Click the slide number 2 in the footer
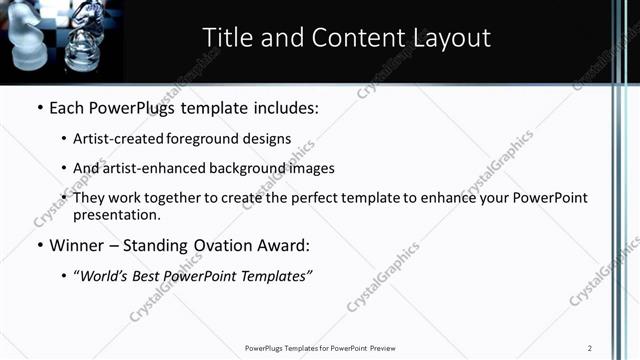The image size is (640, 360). (590, 348)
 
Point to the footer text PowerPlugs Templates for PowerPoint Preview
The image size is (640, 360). (320, 348)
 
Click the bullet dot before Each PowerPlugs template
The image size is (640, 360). (39, 107)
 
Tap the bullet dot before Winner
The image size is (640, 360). (39, 245)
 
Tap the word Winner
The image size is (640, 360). (79, 245)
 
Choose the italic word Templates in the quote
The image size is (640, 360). (275, 275)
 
